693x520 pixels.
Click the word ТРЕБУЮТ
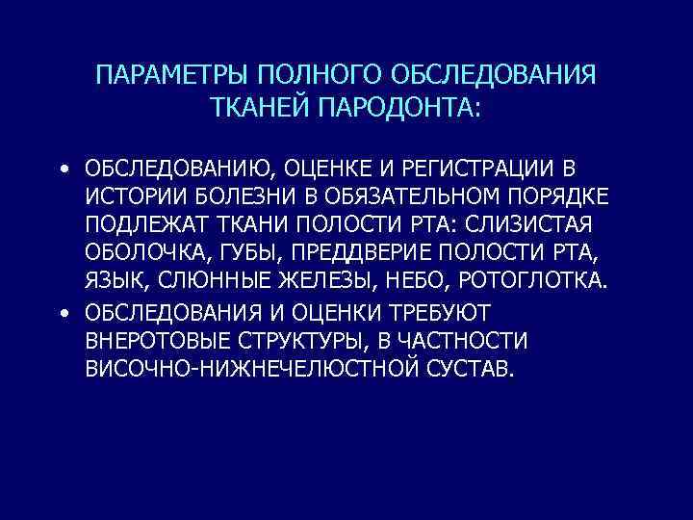point(439,312)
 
